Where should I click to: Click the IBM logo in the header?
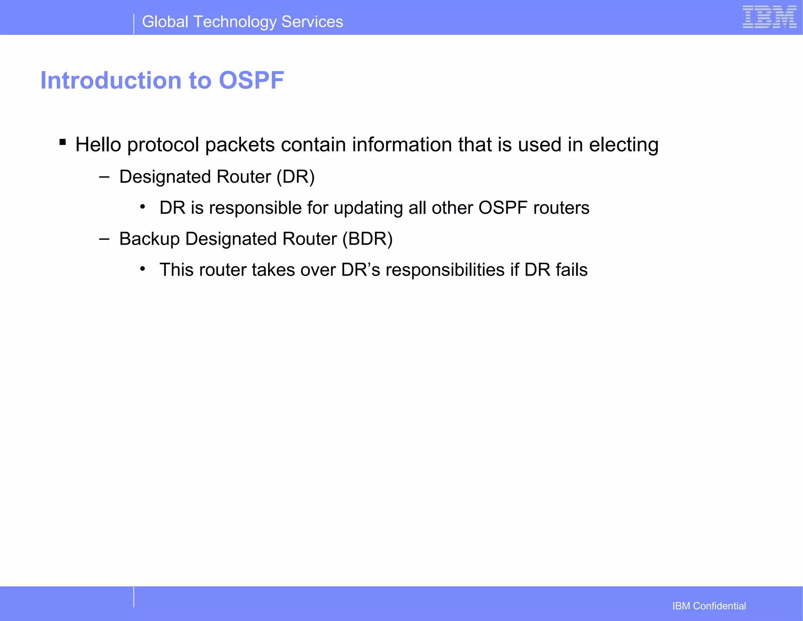pos(769,17)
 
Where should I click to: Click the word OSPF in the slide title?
pos(251,80)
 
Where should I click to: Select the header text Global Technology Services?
pos(242,22)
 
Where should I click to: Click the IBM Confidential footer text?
pos(709,606)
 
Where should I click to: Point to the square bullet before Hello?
pos(63,142)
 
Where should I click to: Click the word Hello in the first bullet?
pos(98,145)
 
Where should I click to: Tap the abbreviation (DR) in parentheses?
pos(295,177)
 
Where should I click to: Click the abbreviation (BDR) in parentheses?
pos(367,239)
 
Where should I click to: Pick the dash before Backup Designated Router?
pos(104,239)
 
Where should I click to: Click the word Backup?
pos(149,239)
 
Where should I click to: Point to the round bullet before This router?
pos(143,269)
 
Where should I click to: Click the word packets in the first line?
pos(240,145)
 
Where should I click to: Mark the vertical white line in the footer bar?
pos(134,597)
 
